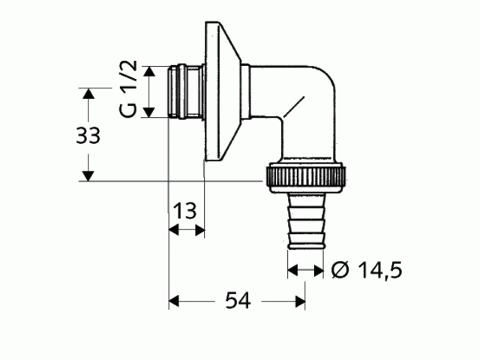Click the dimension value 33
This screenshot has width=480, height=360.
click(88, 136)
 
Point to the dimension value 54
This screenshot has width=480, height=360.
click(238, 301)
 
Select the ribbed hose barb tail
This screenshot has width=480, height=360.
click(306, 221)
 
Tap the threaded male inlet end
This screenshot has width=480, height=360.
click(182, 91)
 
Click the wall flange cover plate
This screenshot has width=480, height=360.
click(217, 91)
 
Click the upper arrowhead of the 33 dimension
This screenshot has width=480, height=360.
click(88, 94)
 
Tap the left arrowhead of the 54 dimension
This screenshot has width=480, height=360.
click(173, 301)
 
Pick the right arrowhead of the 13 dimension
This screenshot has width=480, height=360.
click(199, 231)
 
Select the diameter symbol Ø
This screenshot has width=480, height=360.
click(339, 269)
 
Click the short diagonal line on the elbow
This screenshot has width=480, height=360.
click(292, 106)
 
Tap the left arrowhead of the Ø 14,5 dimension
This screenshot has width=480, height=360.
click(293, 269)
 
